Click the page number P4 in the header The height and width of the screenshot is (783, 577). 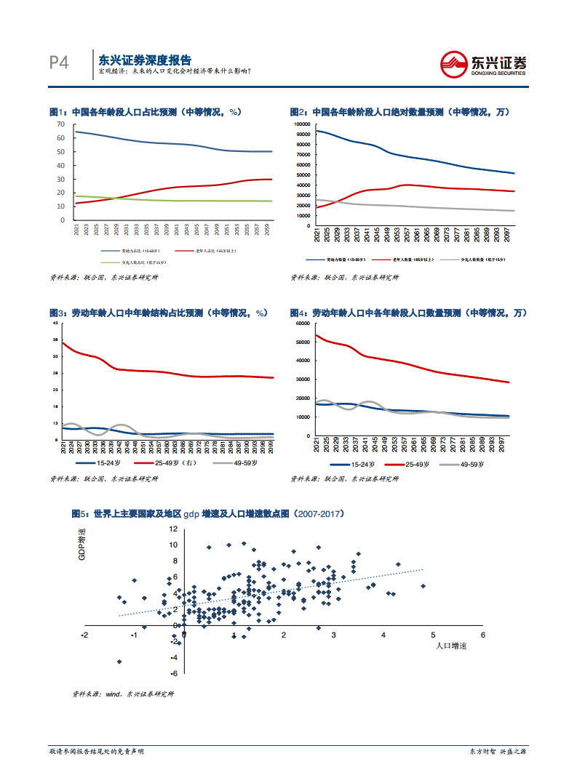(x=58, y=63)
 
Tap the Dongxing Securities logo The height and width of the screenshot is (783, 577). (x=484, y=63)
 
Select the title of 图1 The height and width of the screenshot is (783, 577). (x=145, y=113)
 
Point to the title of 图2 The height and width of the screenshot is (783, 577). (x=399, y=113)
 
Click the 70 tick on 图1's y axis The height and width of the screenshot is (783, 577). (x=61, y=124)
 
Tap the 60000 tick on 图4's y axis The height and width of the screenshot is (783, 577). (x=303, y=323)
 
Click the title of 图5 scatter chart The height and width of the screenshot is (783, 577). (x=207, y=513)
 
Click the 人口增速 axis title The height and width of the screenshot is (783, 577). (x=451, y=646)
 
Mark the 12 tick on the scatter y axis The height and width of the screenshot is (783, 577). (x=173, y=529)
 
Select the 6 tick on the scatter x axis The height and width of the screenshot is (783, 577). (x=483, y=635)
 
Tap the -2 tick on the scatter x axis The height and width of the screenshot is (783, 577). (x=85, y=635)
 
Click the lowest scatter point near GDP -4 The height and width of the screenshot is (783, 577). (x=119, y=662)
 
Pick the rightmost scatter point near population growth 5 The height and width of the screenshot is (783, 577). (x=423, y=586)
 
